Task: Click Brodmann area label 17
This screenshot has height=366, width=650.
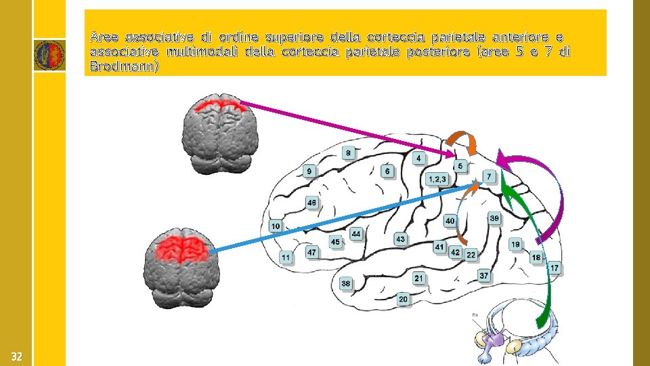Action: [554, 268]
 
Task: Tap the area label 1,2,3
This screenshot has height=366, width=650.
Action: [437, 179]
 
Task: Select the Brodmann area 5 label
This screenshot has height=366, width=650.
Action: [460, 166]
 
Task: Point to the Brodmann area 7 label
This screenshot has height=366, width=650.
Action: [489, 176]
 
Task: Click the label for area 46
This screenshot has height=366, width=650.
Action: [311, 203]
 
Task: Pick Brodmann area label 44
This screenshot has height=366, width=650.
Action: [356, 234]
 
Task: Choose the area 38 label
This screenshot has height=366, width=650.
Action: [346, 283]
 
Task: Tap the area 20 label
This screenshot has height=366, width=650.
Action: [403, 299]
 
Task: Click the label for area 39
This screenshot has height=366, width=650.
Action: [494, 218]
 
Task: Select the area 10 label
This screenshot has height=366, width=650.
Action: [276, 226]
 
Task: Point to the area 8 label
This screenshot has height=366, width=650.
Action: [348, 153]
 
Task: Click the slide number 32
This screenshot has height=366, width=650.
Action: [16, 357]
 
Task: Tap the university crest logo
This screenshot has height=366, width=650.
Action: [49, 54]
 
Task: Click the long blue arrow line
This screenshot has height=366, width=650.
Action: [339, 218]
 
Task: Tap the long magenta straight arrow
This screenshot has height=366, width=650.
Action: [345, 128]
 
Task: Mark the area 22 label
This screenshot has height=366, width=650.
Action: [471, 254]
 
